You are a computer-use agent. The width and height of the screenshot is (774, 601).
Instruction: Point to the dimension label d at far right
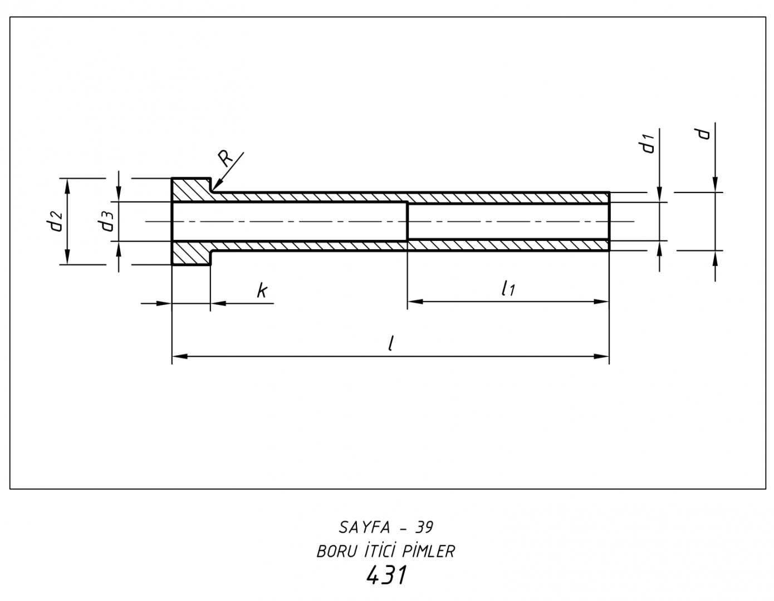tap(704, 134)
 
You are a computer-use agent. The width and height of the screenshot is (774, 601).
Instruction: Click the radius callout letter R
tap(226, 159)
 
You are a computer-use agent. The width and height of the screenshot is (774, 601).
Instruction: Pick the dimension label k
tap(262, 290)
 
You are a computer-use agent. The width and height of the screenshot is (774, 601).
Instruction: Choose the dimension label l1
tap(507, 288)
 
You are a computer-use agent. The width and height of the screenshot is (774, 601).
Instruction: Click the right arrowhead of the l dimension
tap(603, 356)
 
